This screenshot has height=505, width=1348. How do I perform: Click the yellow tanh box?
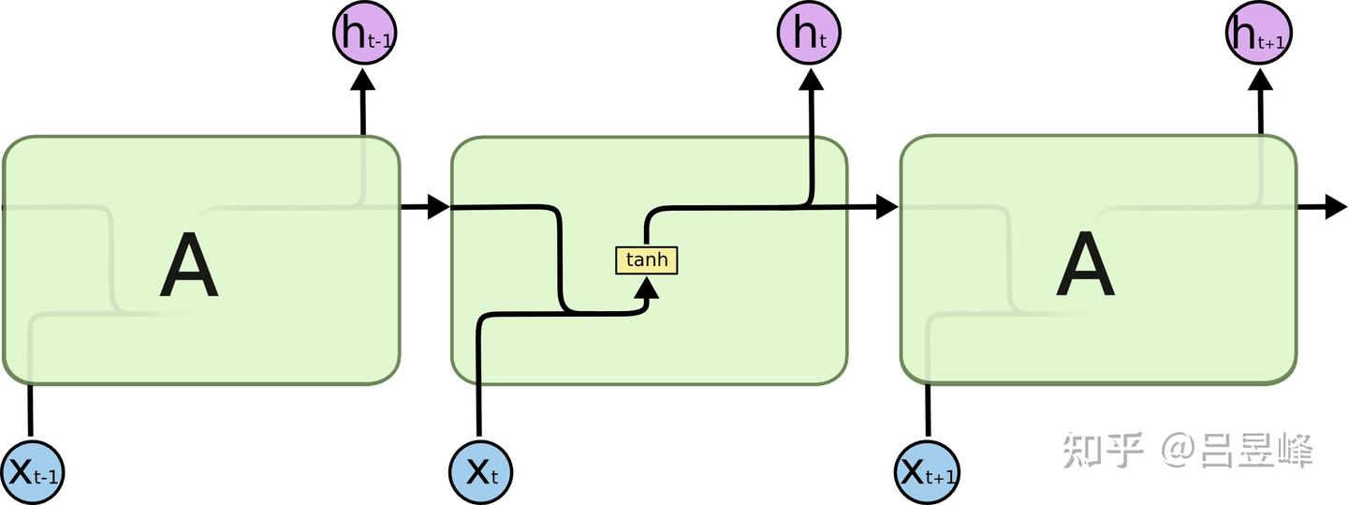coord(646,260)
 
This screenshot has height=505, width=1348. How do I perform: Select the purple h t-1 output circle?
coord(363,34)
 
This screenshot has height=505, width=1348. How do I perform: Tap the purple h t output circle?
coord(809,34)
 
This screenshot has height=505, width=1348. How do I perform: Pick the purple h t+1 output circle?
coord(1259,34)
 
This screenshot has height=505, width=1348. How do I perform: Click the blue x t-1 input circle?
coord(32,471)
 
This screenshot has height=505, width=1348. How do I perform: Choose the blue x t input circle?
coord(481,471)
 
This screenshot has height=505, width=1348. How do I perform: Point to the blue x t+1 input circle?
coord(928,471)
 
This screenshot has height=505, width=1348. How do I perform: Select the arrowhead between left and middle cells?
coord(438,207)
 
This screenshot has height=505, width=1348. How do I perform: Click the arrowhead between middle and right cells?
coord(886,207)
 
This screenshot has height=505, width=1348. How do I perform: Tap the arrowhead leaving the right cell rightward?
coord(1336,207)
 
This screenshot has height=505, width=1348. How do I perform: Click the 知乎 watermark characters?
coord(1103,452)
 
